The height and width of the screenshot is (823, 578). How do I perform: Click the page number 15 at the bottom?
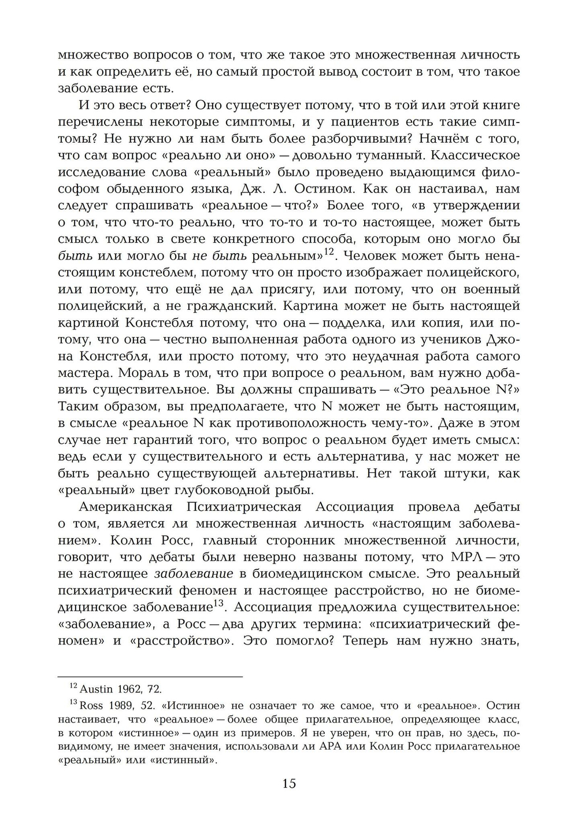click(x=289, y=783)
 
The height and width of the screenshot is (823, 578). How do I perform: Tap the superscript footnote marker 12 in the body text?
click(x=329, y=252)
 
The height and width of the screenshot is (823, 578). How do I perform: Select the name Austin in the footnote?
click(x=96, y=689)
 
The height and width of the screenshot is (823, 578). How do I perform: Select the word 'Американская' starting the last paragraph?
click(x=126, y=507)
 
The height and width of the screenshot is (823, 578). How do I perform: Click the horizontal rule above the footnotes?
click(x=150, y=676)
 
